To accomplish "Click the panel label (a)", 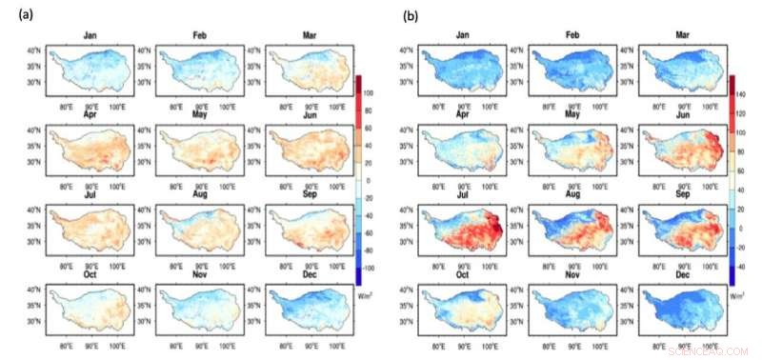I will (18, 15).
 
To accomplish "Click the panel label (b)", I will (410, 15).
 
